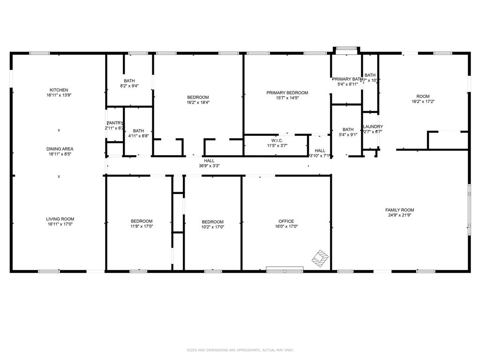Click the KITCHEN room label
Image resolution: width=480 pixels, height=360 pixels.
[59, 90]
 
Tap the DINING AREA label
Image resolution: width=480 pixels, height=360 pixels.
[59, 149]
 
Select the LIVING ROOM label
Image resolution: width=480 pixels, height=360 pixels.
[60, 219]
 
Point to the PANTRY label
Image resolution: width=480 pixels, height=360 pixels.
[114, 123]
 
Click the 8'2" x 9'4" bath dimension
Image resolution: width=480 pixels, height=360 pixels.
[129, 86]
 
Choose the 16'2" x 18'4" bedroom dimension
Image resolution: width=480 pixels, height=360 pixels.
[198, 103]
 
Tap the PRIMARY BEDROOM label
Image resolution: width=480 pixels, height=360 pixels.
[287, 93]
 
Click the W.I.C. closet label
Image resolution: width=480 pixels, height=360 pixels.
[276, 140]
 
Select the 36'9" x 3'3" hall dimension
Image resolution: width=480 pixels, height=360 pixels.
[209, 165]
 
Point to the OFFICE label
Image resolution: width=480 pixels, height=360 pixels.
[286, 221]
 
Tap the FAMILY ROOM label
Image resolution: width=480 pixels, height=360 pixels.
[399, 210]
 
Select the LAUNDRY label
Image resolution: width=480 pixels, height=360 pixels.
[373, 127]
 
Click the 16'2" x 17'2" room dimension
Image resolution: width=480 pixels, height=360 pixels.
[423, 102]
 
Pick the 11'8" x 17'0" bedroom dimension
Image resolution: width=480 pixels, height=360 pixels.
[141, 226]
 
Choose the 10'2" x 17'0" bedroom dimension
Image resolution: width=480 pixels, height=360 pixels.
[212, 227]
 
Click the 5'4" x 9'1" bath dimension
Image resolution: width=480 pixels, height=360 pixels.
[348, 135]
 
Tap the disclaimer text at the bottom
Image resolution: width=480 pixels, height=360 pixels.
[240, 350]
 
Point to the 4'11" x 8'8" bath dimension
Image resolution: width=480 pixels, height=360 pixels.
[138, 136]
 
